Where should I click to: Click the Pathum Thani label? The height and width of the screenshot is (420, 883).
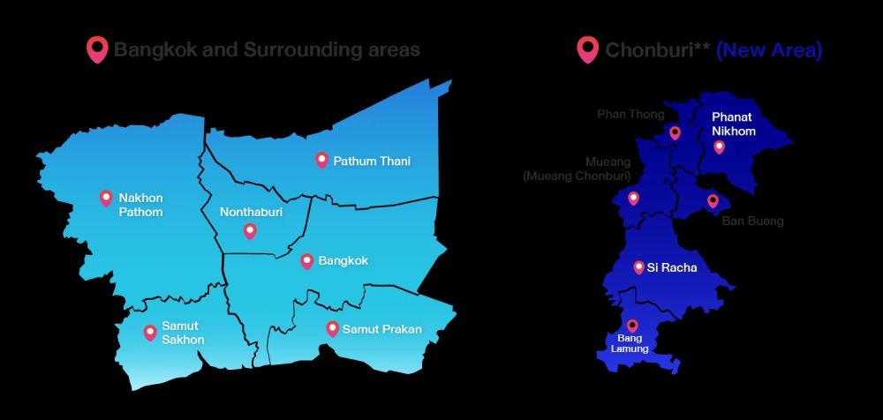372,161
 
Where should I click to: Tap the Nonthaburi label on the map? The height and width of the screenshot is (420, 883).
251,212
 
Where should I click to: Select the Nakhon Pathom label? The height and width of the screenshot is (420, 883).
141,205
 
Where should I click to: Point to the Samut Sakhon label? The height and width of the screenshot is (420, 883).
183,333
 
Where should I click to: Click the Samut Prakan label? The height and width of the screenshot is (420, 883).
382,329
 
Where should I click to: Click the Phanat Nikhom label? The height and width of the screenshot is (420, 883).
734,124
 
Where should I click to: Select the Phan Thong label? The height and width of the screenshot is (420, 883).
630,114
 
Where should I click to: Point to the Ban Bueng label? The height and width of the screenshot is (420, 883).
752,221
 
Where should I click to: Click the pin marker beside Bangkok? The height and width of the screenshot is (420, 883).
307,260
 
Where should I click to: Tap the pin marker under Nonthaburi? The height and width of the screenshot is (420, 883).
250,231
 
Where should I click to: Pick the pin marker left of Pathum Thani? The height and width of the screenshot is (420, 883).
321,160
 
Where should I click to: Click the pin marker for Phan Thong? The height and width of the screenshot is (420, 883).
675,132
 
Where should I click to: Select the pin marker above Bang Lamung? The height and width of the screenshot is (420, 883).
632,325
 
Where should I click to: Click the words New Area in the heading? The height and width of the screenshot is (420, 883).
769,50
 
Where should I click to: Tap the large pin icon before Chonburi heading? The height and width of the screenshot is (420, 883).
587,49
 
